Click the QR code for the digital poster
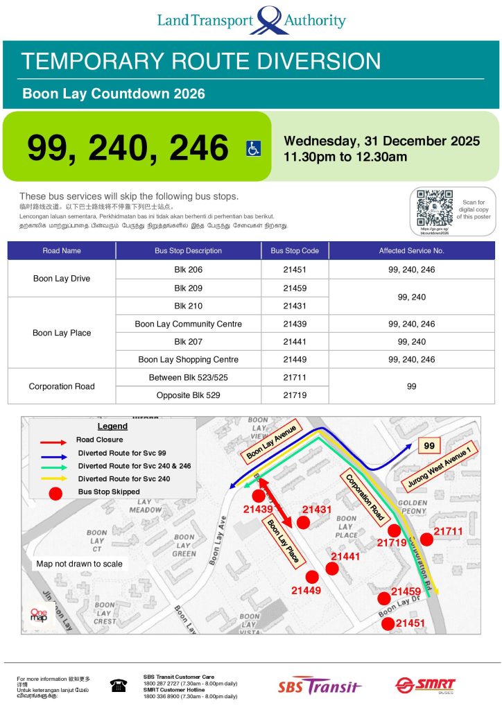435,207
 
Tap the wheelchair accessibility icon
254,148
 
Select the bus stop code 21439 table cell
295,324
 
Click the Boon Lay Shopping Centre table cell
188,360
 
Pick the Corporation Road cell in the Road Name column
62,386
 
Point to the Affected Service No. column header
411,250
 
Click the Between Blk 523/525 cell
188,377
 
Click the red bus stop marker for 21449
312,576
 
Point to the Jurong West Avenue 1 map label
440,471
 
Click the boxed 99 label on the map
429,447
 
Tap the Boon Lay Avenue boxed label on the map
270,444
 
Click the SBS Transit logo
320,686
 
